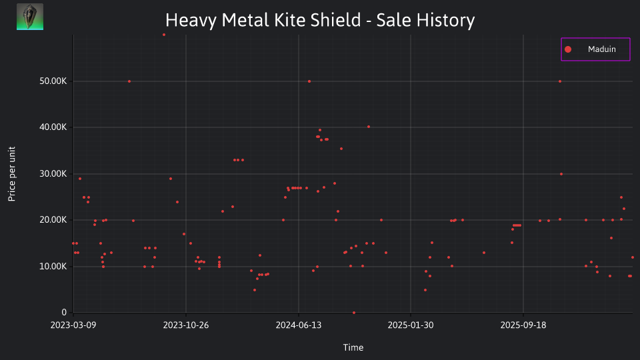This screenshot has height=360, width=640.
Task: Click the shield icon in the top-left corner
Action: click(x=30, y=17)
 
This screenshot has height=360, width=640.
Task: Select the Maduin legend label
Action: click(x=601, y=49)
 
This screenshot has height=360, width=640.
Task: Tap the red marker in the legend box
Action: click(x=568, y=49)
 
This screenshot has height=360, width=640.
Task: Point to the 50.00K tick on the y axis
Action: click(x=53, y=81)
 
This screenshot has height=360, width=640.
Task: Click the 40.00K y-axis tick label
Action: click(x=53, y=127)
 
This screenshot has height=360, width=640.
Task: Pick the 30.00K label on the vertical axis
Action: click(x=53, y=174)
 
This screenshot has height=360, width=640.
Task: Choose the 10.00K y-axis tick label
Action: click(x=53, y=267)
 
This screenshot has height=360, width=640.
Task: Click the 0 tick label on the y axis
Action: click(x=64, y=312)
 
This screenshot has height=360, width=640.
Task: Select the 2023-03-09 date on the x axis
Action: click(x=73, y=325)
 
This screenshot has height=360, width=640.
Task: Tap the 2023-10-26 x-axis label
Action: click(x=186, y=325)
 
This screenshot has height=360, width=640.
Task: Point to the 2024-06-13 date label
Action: click(x=299, y=325)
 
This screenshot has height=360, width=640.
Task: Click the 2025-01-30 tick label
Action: click(x=411, y=325)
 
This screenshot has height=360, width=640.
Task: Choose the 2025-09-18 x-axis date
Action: click(x=523, y=325)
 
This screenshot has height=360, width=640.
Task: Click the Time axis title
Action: click(x=353, y=347)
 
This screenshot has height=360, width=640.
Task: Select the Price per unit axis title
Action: click(x=11, y=174)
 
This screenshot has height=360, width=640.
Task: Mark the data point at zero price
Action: click(x=354, y=313)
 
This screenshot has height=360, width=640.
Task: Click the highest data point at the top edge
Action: click(x=164, y=35)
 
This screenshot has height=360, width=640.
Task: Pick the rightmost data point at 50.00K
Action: click(x=560, y=81)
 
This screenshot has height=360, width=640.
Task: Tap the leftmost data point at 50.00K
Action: click(x=129, y=81)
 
